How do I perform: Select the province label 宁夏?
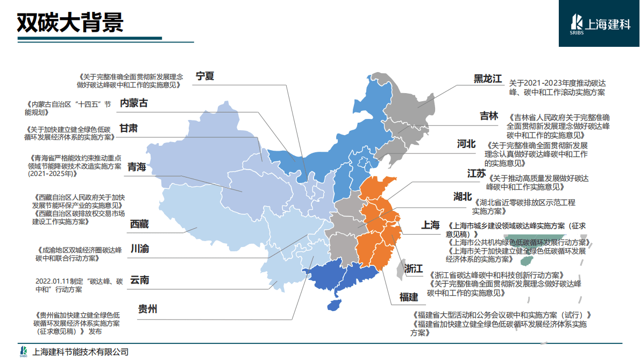[x=204, y=76]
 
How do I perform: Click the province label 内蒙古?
[x=133, y=103]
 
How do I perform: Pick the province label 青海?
[x=137, y=167]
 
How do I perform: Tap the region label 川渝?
[x=140, y=249]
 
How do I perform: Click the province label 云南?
[x=140, y=280]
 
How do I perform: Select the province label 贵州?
[x=147, y=309]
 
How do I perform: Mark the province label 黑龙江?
[x=487, y=79]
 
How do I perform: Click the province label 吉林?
[x=489, y=116]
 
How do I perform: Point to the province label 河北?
[x=466, y=144]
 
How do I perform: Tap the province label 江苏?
[x=477, y=173]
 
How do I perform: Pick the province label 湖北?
[x=463, y=196]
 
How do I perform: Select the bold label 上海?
[x=430, y=225]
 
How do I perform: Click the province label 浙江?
[x=414, y=269]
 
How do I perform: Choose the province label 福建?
[x=409, y=297]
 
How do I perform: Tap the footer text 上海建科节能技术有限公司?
[x=81, y=352]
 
